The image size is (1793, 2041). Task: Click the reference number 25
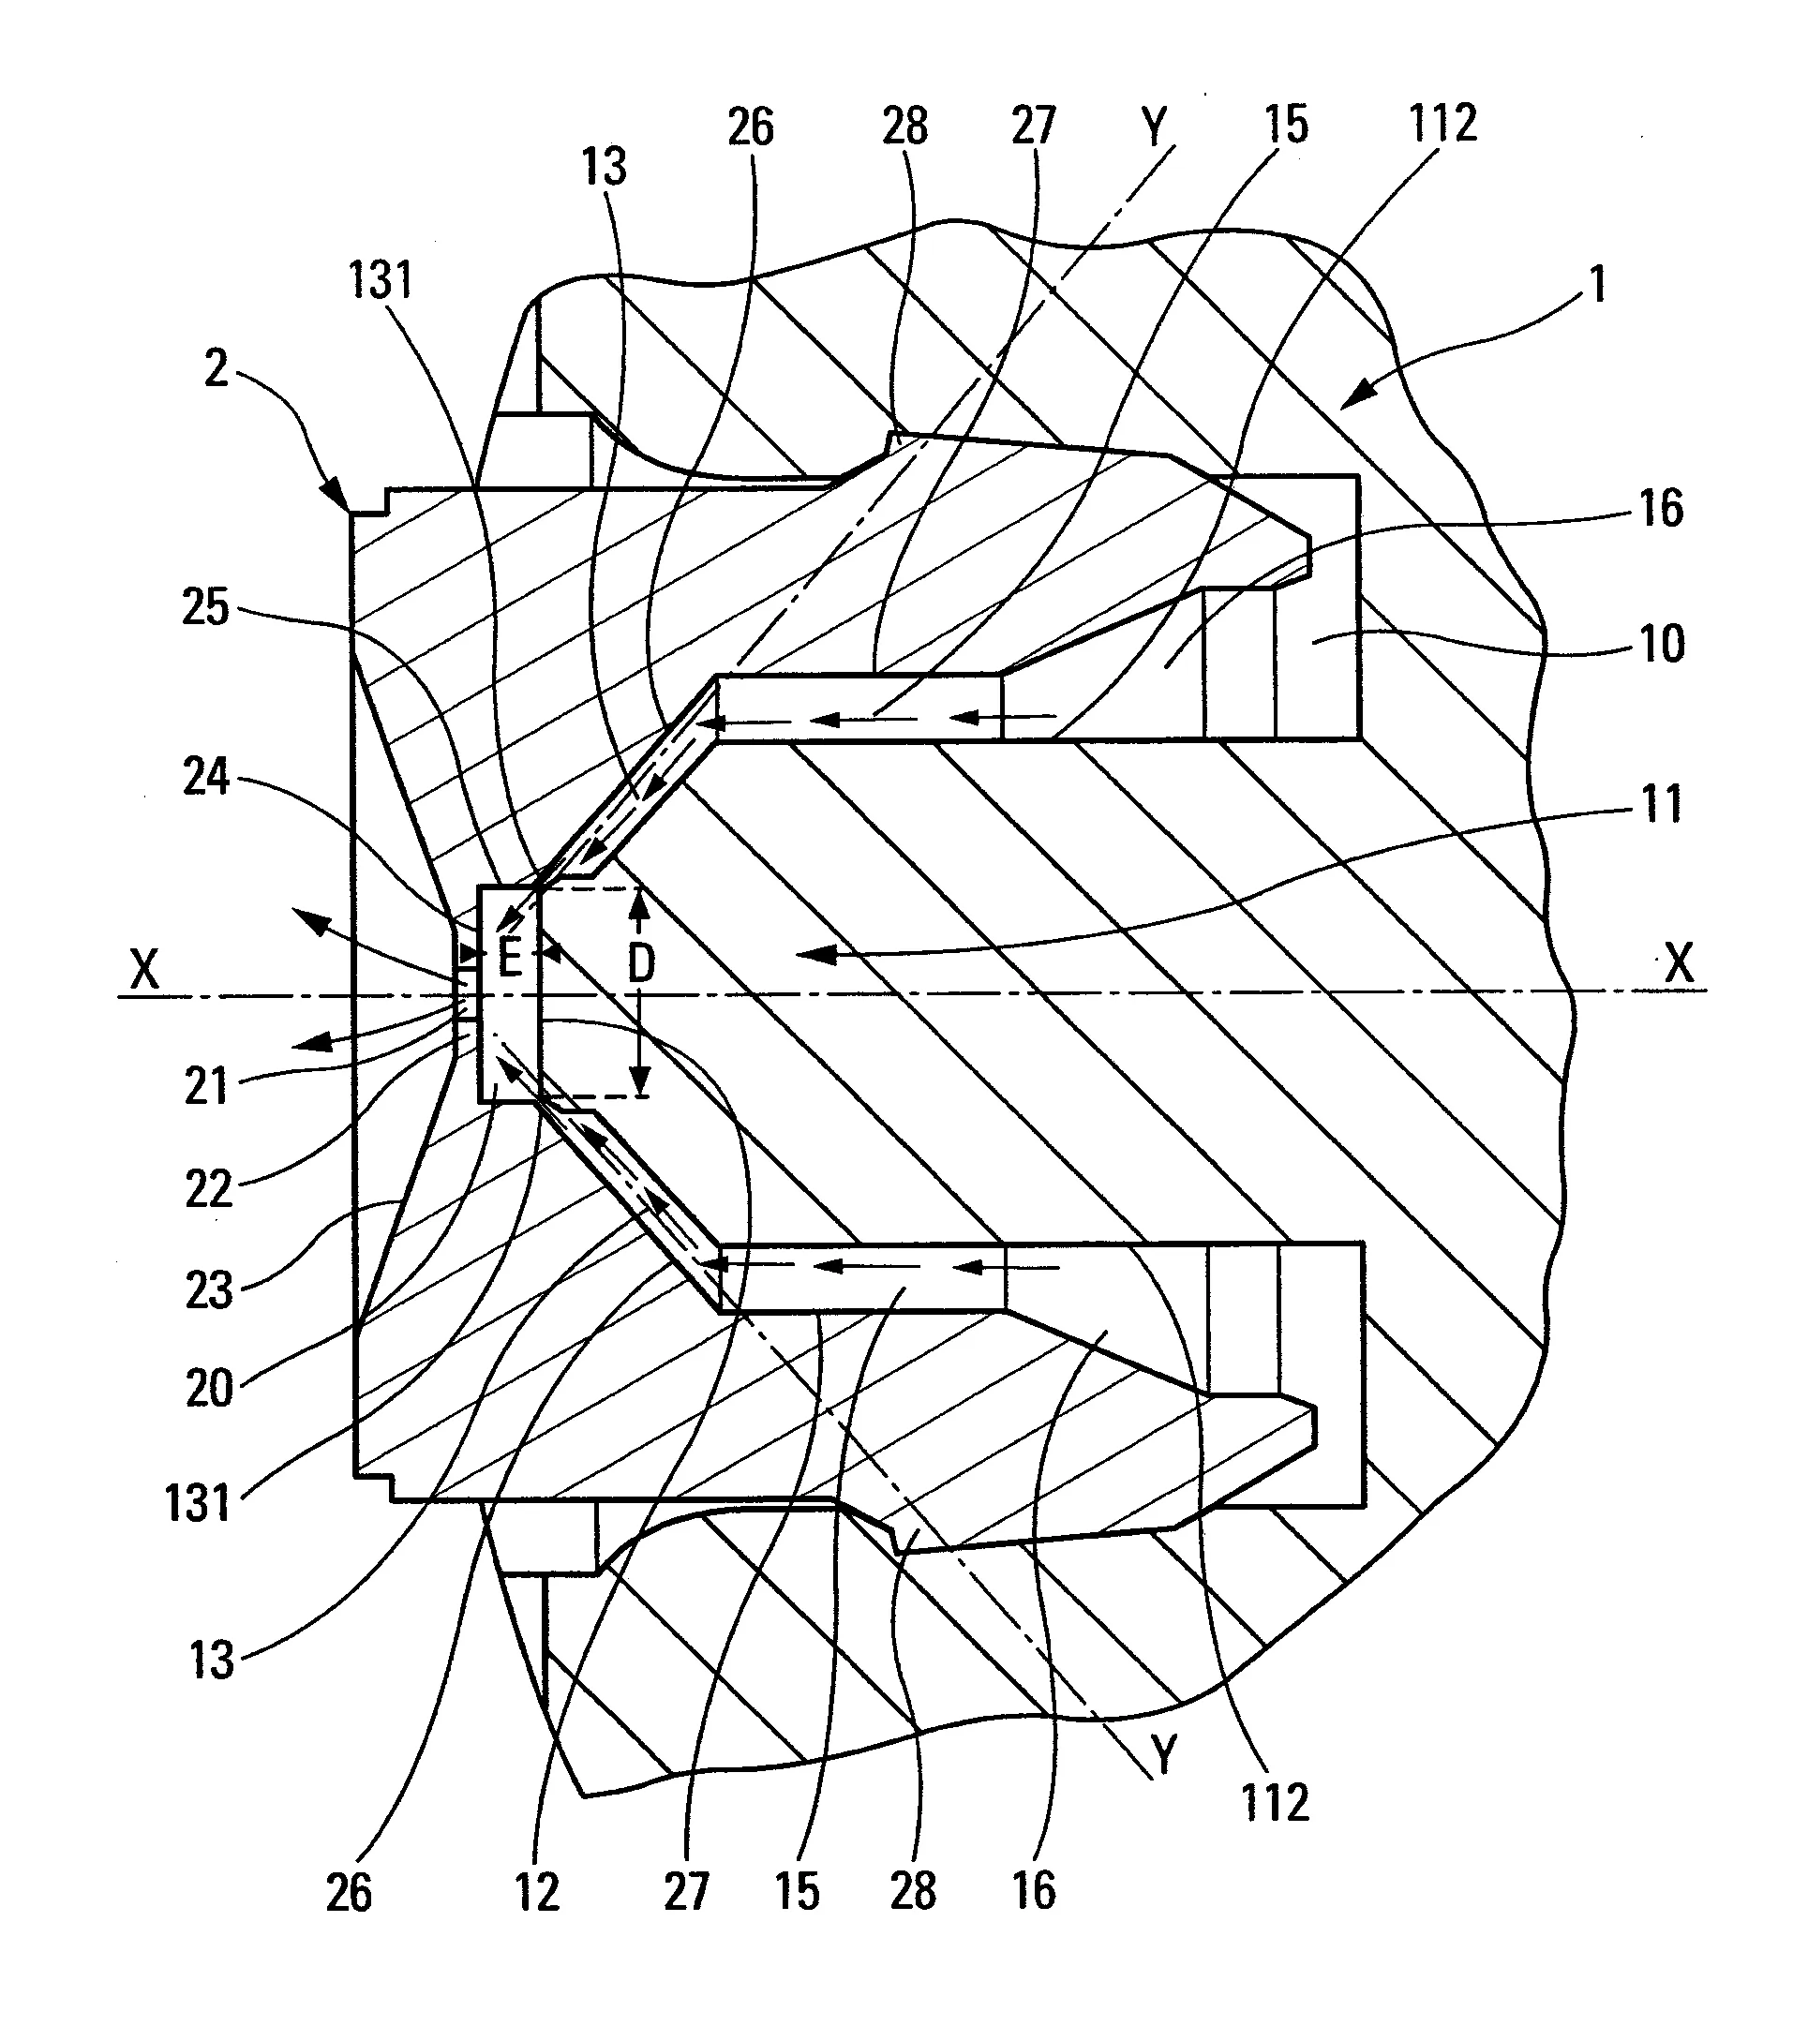(x=204, y=608)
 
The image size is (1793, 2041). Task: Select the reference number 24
(x=206, y=778)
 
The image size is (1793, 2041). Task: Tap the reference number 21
(x=207, y=1086)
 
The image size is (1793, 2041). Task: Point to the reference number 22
(x=208, y=1189)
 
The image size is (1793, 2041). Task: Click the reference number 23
(x=209, y=1290)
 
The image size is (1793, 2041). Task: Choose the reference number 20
(x=209, y=1388)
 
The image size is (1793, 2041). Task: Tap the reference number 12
(x=537, y=1892)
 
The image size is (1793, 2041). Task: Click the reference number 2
(x=216, y=369)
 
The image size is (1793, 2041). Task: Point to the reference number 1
(x=1597, y=285)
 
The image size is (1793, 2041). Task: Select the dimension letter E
(x=510, y=960)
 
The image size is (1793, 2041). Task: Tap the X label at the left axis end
(x=145, y=969)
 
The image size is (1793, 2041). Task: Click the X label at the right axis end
(x=1680, y=964)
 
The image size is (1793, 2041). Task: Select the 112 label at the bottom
(x=1275, y=1803)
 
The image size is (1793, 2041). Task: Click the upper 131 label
(x=381, y=280)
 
